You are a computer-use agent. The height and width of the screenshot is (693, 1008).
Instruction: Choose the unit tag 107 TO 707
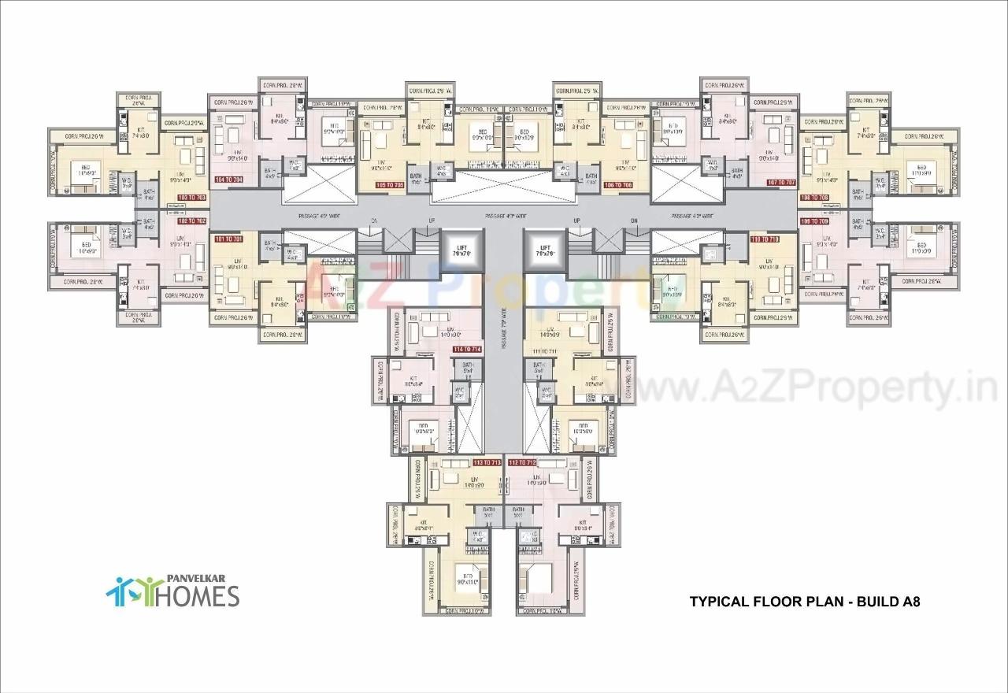pyautogui.click(x=782, y=182)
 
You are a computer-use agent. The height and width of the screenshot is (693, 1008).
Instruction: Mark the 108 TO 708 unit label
pyautogui.click(x=814, y=198)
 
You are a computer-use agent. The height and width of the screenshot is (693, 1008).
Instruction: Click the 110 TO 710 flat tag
pyautogui.click(x=765, y=239)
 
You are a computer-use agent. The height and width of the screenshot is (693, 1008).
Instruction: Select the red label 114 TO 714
pyautogui.click(x=467, y=349)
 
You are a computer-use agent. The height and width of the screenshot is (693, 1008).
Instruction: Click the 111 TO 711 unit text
pyautogui.click(x=543, y=350)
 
